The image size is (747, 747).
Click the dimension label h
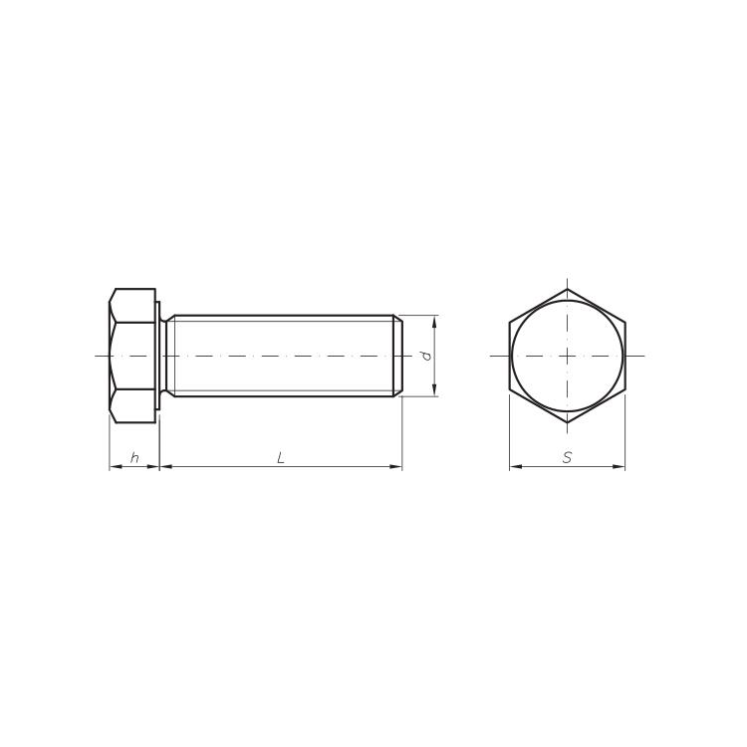coord(134,458)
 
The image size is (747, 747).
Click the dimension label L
coord(281,458)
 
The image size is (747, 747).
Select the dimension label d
coord(427,356)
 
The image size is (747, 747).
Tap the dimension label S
coord(567,458)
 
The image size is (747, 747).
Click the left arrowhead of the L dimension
coord(165,466)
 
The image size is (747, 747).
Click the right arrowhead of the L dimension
coord(396,466)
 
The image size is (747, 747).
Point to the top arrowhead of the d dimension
coord(434,321)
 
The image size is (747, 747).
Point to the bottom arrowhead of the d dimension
coord(434,390)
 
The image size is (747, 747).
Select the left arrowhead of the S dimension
coord(516,466)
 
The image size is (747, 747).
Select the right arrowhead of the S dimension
coord(619,466)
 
